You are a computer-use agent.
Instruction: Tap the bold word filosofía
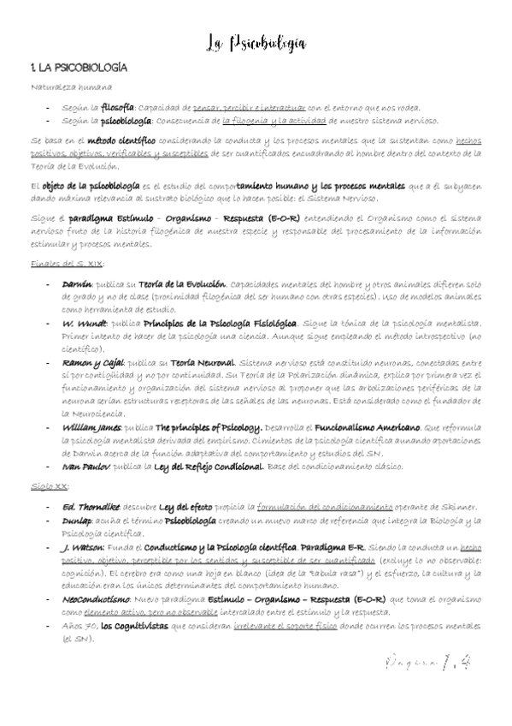[117, 108]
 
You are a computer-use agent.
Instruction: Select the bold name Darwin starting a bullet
[77, 283]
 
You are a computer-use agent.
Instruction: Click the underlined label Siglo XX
[49, 486]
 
